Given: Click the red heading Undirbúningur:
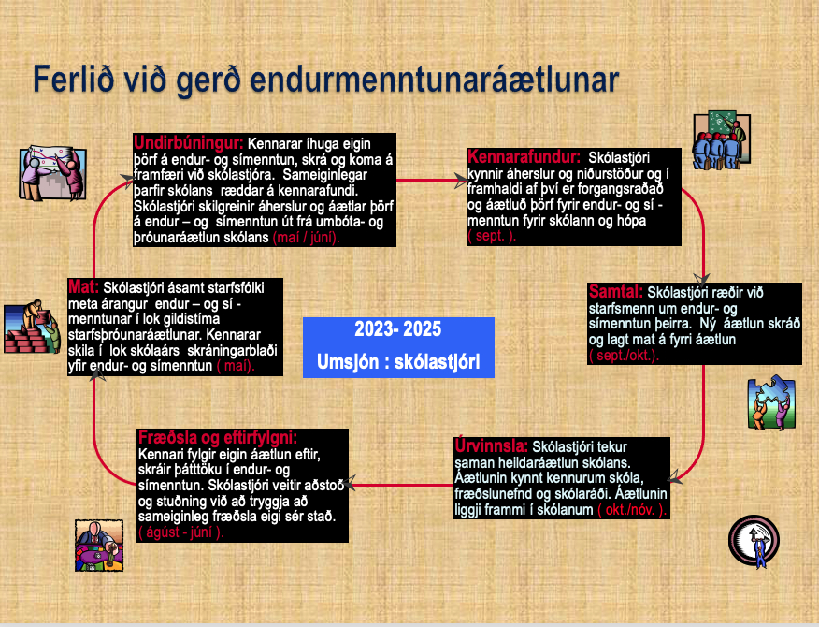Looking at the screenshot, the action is [x=189, y=142].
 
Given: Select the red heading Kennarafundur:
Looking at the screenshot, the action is [x=524, y=156].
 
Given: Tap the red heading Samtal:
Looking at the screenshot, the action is [x=616, y=291].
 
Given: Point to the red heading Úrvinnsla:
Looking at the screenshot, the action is [x=492, y=446].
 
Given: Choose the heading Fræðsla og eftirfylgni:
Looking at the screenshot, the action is [x=218, y=437].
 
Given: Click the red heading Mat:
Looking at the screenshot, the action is [x=83, y=286].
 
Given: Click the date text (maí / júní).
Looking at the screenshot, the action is [x=306, y=238].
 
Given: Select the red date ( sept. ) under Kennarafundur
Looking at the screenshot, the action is [x=492, y=236].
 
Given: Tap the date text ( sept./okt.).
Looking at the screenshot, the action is [x=624, y=356].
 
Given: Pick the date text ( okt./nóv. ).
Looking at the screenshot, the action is [x=632, y=509].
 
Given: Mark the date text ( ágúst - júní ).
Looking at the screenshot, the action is [x=181, y=532].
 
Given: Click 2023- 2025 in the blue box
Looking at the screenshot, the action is [x=398, y=328].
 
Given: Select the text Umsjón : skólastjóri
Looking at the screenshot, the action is [x=398, y=361].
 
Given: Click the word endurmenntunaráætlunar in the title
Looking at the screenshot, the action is [x=435, y=80].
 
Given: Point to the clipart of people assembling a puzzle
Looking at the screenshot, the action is [x=771, y=402].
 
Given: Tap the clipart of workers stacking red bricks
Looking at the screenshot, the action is [x=32, y=327].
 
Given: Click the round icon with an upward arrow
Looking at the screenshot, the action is [x=754, y=541].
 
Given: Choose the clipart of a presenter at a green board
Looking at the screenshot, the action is [x=722, y=139].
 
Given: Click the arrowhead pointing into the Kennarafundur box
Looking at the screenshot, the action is [x=461, y=181].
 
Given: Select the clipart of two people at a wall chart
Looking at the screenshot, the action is [x=52, y=173].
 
